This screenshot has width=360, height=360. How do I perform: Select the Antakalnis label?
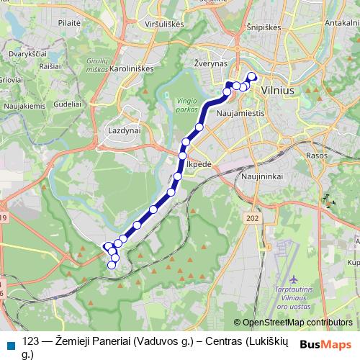pos(342,23)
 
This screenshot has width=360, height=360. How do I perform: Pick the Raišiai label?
pos(50,66)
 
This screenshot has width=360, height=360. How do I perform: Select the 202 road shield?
pos(251,218)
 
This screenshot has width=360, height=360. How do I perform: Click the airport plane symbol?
pos(294,279)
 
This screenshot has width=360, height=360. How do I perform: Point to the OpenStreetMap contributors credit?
pos(297,323)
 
